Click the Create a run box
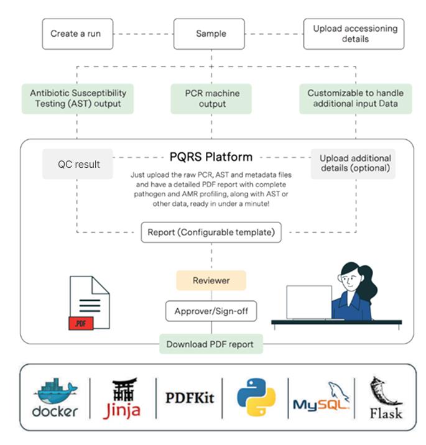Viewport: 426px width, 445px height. click(78, 34)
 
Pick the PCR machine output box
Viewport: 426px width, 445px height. click(211, 99)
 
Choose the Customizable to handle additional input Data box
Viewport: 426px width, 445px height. click(355, 99)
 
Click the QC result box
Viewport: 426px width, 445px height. click(78, 164)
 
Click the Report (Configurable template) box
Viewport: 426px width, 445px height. click(211, 232)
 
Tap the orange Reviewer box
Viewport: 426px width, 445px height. click(211, 280)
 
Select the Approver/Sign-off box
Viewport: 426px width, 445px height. click(211, 311)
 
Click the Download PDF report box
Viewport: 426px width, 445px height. click(211, 344)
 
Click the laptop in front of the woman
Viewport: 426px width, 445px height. click(308, 303)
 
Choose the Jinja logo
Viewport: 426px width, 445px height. click(121, 398)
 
